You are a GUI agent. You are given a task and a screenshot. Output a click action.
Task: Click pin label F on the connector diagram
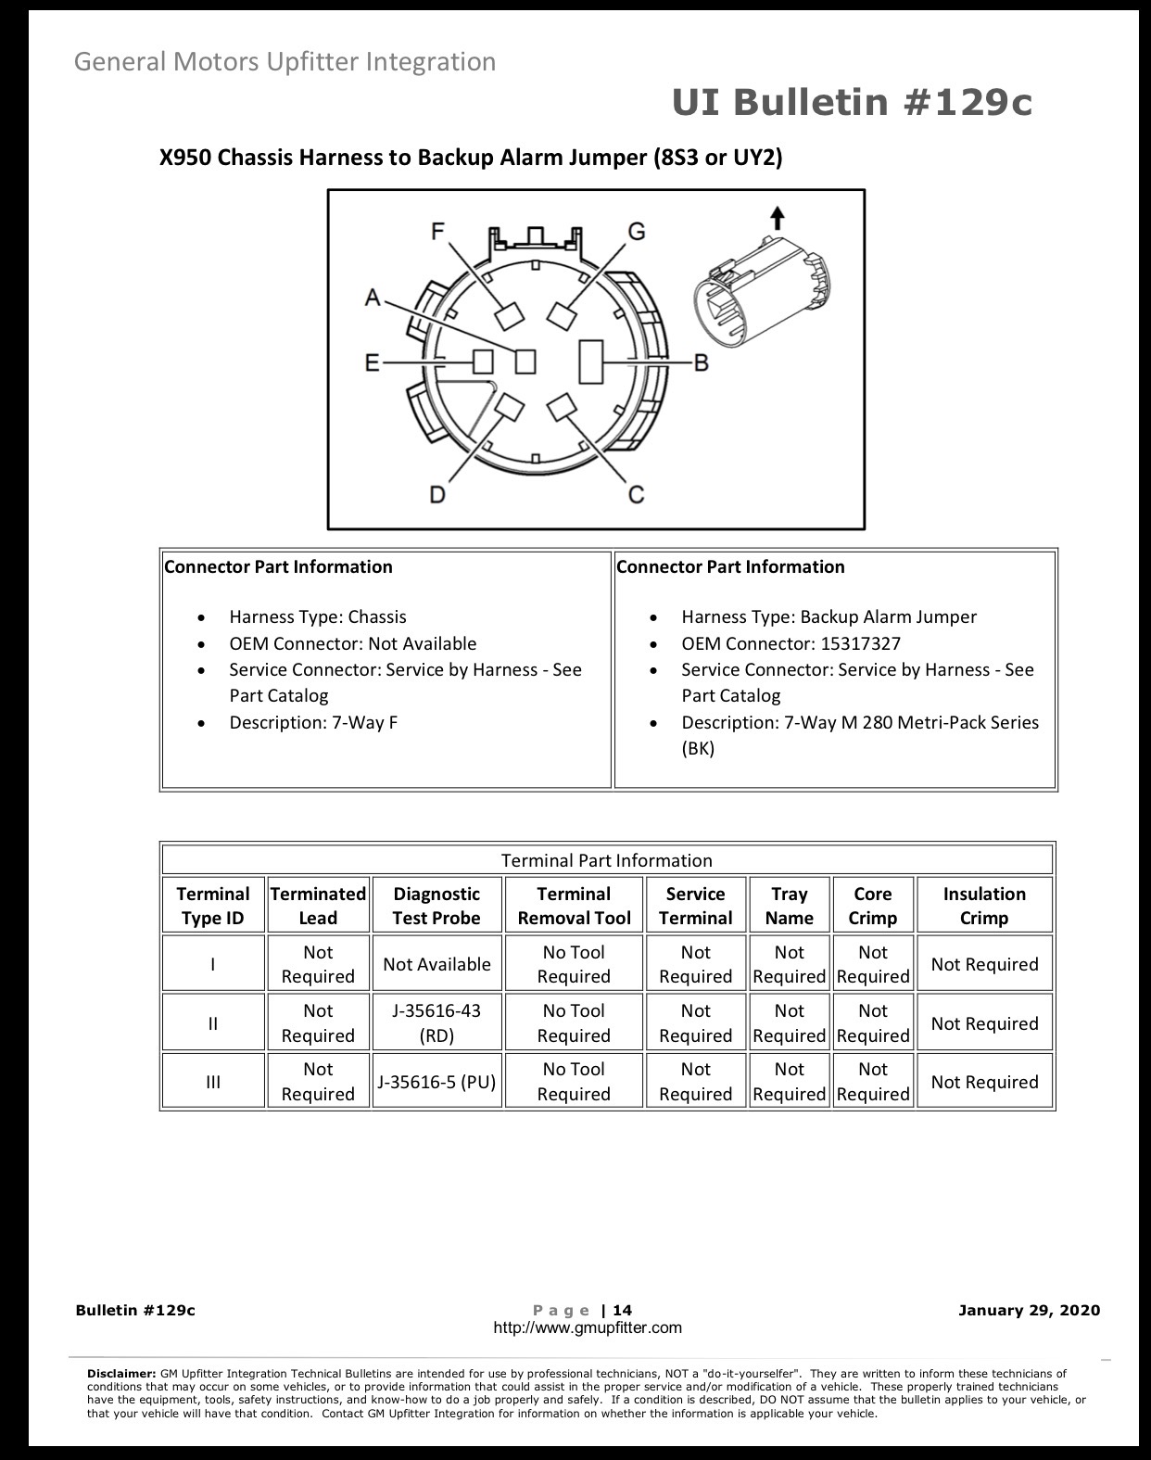tap(438, 232)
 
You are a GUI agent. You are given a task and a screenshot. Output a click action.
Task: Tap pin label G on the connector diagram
tap(637, 232)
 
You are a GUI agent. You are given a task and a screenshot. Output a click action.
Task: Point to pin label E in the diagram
tap(373, 363)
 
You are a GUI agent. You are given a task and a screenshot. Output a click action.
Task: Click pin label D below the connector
tap(437, 495)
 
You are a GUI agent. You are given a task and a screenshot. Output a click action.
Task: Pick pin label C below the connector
tap(637, 495)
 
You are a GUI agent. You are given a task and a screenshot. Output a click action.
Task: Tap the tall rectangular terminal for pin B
tap(591, 362)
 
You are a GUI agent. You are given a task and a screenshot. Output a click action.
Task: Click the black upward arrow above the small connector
tap(778, 218)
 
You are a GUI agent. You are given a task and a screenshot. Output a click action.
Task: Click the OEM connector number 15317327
tap(861, 643)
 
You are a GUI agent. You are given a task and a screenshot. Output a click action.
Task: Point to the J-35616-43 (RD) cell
tap(436, 1023)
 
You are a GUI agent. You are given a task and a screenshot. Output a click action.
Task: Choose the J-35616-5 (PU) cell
tap(436, 1082)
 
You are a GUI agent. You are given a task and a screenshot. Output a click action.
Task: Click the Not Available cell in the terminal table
tap(436, 964)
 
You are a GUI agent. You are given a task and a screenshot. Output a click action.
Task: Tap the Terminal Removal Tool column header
tap(574, 906)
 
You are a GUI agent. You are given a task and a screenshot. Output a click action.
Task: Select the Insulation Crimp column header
tap(984, 906)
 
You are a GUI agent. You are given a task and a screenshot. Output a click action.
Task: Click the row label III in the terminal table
tap(213, 1082)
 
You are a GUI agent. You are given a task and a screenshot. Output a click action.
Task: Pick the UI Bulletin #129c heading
tap(852, 103)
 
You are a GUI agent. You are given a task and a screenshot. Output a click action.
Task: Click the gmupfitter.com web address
tap(588, 1327)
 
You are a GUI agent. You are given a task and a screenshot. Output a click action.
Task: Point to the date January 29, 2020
tap(1029, 1310)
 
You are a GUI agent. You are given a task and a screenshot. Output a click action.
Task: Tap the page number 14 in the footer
tap(622, 1310)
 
